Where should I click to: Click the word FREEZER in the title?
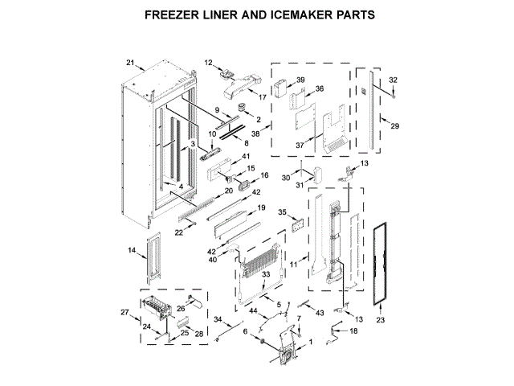tap(171, 14)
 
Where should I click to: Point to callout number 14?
tap(132, 252)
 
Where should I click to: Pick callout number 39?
tap(300, 80)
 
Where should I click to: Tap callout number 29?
tap(394, 126)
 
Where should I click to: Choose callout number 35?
tap(283, 213)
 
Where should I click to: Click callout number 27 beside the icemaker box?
tap(124, 312)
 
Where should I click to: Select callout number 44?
tap(253, 311)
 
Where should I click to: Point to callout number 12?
tap(208, 62)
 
